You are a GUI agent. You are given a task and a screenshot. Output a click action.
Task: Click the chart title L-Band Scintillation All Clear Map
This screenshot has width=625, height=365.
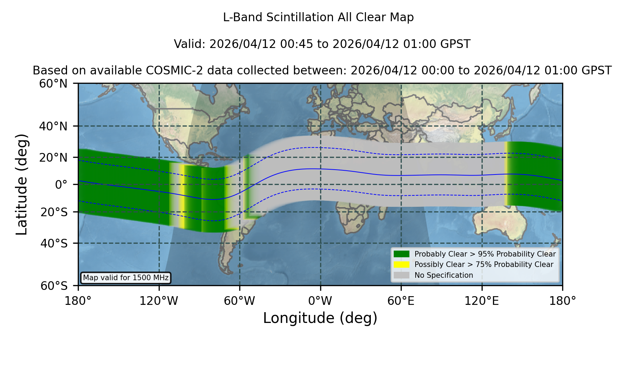[x=318, y=17]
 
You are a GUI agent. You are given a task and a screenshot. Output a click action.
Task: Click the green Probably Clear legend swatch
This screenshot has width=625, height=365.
[x=402, y=254]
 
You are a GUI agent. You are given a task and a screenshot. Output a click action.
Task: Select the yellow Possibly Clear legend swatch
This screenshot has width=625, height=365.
[x=402, y=265]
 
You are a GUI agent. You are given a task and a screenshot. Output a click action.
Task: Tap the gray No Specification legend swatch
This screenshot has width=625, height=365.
[x=402, y=275]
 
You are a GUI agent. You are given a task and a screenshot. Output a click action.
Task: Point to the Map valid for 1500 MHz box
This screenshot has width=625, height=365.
[x=126, y=278]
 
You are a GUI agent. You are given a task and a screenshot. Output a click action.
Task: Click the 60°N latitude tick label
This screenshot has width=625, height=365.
[x=53, y=84]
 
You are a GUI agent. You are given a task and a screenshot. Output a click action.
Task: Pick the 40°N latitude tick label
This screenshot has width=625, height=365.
[x=53, y=126]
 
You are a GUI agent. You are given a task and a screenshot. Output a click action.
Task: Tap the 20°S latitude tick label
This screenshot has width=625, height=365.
[x=54, y=212]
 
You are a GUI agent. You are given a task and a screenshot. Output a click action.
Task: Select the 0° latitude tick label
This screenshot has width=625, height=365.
[x=61, y=185]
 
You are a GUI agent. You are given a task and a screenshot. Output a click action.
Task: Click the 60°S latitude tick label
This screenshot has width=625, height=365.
[x=54, y=286]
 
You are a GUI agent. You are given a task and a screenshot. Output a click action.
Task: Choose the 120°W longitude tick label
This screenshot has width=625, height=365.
[x=159, y=301]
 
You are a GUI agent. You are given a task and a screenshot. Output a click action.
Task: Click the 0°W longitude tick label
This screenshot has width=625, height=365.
[x=320, y=301]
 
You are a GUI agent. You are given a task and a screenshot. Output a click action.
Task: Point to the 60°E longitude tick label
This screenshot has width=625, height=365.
[x=401, y=301]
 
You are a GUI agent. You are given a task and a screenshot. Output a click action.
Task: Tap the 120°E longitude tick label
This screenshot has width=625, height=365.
[x=482, y=301]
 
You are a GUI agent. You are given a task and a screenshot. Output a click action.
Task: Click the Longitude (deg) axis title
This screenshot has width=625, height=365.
[x=320, y=318]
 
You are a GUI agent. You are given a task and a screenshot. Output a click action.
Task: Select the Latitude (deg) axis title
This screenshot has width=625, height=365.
[x=22, y=184]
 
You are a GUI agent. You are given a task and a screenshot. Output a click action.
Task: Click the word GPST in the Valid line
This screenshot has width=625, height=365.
[x=456, y=44]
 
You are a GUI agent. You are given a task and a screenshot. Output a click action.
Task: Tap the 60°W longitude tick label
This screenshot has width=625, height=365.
[x=240, y=301]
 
